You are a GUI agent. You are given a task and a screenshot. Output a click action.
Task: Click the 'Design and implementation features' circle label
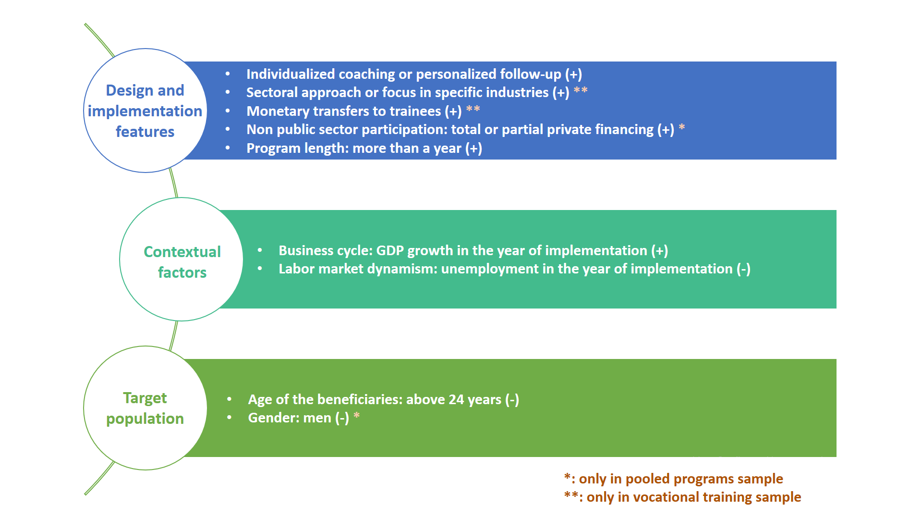145,111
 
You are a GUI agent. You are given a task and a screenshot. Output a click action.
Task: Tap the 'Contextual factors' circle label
182,262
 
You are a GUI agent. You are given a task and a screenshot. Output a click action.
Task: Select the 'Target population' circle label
145,408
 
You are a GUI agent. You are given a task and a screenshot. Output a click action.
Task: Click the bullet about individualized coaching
414,74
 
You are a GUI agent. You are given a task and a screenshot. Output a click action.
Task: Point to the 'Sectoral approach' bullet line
408,92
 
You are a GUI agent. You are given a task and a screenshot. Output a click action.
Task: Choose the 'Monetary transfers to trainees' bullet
354,111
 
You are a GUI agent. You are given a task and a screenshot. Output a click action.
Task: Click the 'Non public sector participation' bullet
460,129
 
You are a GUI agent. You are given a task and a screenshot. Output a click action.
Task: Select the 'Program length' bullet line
364,148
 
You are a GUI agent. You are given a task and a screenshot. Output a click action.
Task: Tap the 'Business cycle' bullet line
473,250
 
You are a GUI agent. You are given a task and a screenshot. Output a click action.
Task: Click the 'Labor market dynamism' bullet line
514,269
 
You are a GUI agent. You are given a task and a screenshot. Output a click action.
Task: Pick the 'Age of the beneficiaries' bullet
383,399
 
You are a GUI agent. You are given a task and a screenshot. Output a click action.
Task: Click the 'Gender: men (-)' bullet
298,418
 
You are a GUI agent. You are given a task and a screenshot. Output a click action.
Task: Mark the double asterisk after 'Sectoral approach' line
581,90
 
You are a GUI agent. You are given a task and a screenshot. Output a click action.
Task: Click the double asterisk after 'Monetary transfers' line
473,109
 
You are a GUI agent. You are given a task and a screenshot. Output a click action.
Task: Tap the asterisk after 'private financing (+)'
682,127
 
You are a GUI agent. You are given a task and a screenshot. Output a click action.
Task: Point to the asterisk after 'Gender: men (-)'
357,415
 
